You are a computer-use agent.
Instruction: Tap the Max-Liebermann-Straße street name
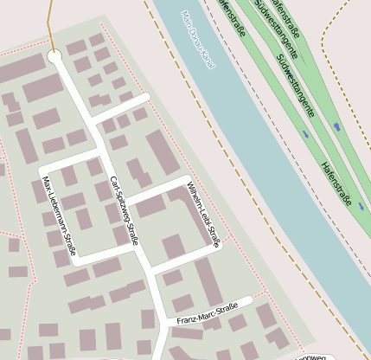coord(60,215)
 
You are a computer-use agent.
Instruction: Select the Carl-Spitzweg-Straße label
coord(125,209)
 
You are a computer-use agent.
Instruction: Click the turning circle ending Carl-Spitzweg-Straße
coord(55,57)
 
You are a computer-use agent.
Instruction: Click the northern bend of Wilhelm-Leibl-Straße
coord(186,179)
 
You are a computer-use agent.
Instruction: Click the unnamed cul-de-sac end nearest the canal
coord(146,98)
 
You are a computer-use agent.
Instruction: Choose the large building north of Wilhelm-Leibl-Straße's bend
coord(163,152)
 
